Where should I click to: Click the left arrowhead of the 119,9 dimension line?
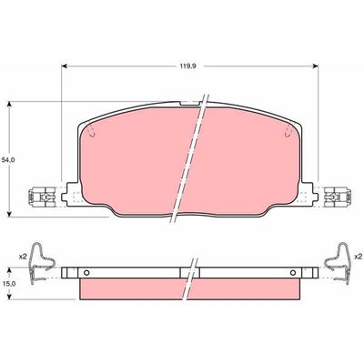(66, 66)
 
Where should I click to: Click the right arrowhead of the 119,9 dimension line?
(315, 66)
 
